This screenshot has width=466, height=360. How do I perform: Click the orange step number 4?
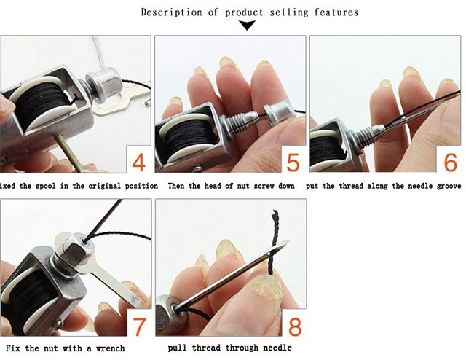point(139,163)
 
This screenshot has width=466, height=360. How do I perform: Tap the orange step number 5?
point(293,163)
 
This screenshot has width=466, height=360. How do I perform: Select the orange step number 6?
point(450,163)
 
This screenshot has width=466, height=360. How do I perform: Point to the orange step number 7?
point(139,326)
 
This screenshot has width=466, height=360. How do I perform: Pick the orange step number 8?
point(295,326)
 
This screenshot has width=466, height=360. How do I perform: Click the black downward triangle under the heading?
point(248,26)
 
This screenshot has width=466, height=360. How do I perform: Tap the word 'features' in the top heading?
point(336,12)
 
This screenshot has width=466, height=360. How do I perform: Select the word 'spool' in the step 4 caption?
point(45,187)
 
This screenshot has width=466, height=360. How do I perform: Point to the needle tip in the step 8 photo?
point(290,240)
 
